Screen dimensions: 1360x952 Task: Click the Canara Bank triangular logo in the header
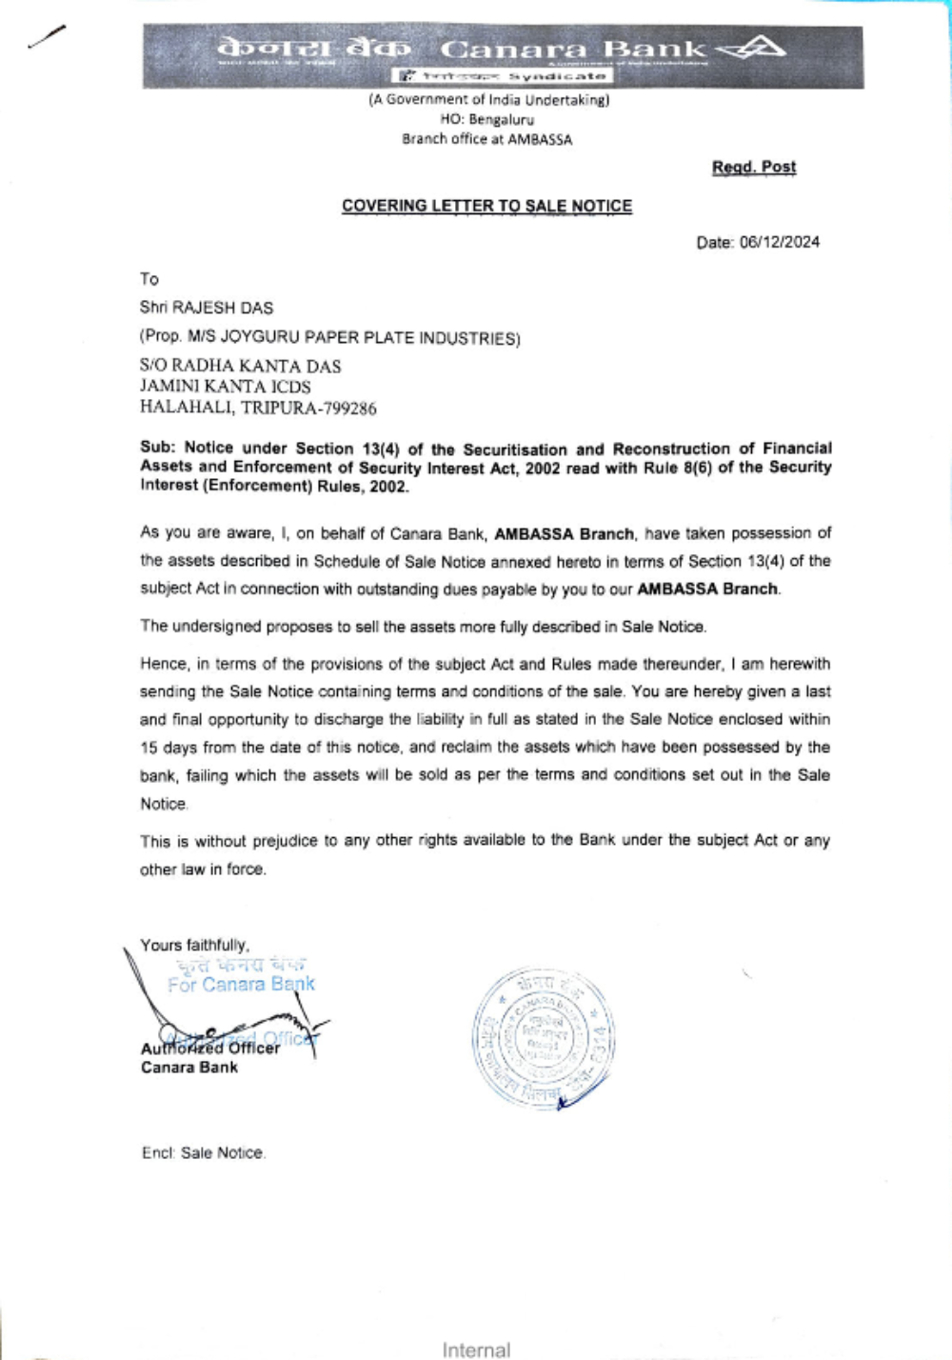click(753, 48)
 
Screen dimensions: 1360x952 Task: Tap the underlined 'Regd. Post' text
click(753, 168)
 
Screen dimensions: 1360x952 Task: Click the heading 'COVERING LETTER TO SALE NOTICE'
click(486, 206)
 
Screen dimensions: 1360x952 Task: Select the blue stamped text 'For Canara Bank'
click(241, 985)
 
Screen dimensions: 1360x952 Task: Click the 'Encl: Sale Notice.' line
click(203, 1153)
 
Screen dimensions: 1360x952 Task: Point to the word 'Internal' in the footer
click(476, 1350)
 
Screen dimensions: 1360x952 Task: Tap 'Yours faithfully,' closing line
click(194, 945)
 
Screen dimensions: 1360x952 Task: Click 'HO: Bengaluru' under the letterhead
click(486, 119)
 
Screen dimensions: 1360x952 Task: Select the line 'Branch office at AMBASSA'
click(486, 139)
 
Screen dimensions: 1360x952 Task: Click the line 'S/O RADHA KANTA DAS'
click(240, 366)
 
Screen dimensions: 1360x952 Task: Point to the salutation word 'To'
click(149, 279)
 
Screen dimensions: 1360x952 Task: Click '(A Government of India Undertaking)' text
click(488, 99)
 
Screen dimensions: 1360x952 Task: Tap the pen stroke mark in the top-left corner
click(47, 36)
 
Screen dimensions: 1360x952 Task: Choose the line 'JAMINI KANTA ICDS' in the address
click(225, 387)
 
